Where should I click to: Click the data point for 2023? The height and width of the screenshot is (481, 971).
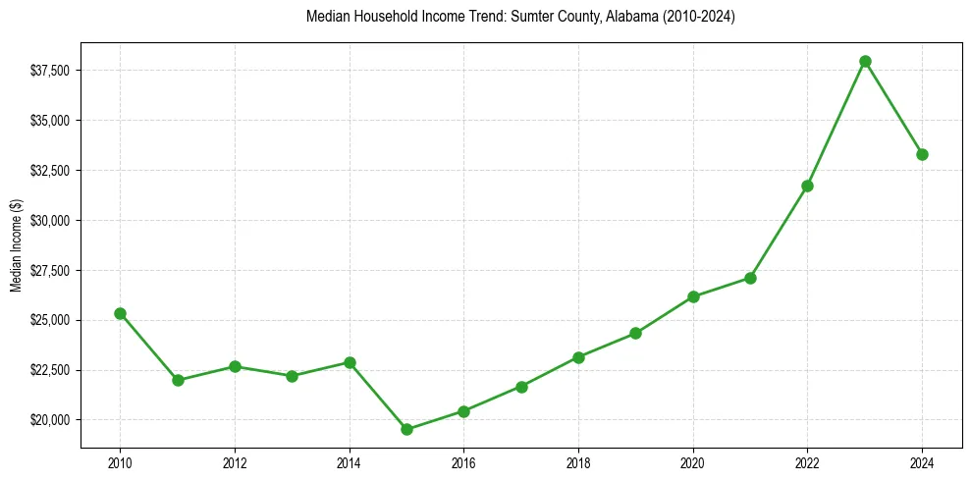[x=865, y=61]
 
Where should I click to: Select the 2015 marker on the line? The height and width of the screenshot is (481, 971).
[x=406, y=429]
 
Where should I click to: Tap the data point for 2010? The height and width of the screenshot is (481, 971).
[x=120, y=313]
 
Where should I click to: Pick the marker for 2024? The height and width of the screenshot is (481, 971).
[x=922, y=154]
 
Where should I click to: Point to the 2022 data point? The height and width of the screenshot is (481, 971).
[x=807, y=186]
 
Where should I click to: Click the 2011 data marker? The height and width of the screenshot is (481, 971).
[x=178, y=380]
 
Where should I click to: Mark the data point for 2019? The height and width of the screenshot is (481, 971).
[x=635, y=333]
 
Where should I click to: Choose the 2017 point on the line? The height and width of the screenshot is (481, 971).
[x=521, y=387]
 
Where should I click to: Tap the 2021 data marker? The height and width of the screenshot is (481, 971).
[x=750, y=278]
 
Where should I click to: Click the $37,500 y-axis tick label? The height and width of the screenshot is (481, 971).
[x=50, y=71]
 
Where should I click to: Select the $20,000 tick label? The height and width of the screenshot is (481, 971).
[x=50, y=420]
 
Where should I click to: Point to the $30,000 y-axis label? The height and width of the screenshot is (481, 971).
[x=50, y=221]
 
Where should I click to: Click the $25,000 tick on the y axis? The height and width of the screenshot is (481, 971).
[x=50, y=320]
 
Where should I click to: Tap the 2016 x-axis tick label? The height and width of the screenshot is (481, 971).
[x=463, y=461]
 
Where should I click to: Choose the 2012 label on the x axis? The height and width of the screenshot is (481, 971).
[x=235, y=461]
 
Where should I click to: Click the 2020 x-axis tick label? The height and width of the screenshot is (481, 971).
[x=693, y=461]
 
